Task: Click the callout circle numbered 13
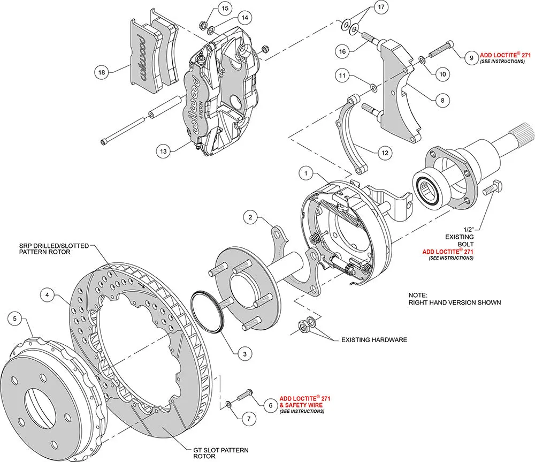coord(163,151)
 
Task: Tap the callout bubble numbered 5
coord(14,319)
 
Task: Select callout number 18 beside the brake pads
coord(102,72)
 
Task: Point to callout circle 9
coord(471,58)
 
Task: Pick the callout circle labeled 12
coord(385,153)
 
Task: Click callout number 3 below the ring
coord(244,354)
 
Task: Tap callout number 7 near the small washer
coord(249,419)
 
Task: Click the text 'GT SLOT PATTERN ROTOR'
coord(221,453)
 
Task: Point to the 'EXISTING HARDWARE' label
coord(374,340)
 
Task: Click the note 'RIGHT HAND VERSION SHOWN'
coord(455,302)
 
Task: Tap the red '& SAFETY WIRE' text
coord(301,405)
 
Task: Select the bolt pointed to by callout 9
coord(442,49)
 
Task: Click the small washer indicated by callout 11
coord(374,88)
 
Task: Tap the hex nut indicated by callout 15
coord(202,26)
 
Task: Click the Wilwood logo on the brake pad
coord(141,57)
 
